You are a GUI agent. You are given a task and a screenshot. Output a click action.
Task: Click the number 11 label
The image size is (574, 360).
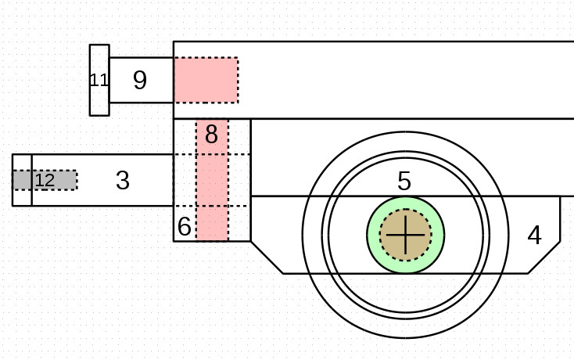(x=99, y=80)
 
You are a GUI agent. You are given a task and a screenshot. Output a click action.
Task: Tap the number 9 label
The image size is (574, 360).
(x=140, y=80)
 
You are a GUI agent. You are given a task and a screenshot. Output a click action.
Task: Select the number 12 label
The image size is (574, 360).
(x=45, y=181)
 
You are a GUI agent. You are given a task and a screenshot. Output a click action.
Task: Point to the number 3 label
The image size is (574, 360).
(x=122, y=181)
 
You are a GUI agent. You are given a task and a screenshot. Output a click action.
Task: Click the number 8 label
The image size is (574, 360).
(x=211, y=135)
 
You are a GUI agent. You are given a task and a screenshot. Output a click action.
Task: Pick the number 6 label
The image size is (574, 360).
(x=184, y=227)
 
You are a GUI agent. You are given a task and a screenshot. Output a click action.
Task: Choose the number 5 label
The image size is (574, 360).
(x=404, y=182)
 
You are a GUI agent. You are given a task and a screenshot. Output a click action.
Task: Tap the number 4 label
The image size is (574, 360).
(x=534, y=235)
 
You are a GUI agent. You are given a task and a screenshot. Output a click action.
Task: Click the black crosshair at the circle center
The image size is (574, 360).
(x=405, y=235)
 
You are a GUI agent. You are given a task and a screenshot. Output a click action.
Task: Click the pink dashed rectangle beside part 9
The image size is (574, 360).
(x=205, y=80)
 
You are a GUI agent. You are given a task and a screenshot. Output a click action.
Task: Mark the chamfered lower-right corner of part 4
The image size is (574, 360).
(x=544, y=257)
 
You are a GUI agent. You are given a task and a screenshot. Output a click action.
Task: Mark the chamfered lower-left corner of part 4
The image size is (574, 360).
(x=267, y=257)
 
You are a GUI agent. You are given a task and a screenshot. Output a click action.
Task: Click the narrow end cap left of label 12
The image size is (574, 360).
(x=22, y=180)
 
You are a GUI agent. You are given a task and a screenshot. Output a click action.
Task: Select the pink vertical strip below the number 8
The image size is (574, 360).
(x=212, y=196)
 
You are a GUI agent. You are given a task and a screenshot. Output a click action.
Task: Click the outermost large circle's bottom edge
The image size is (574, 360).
(x=405, y=337)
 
